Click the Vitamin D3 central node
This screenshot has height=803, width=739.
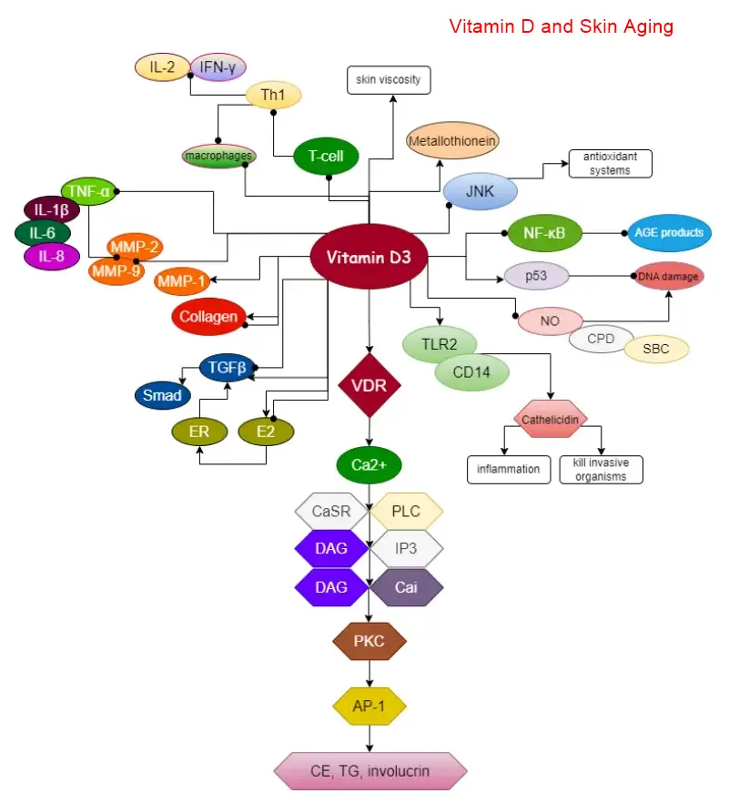tap(369, 258)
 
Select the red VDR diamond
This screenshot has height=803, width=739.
tap(369, 385)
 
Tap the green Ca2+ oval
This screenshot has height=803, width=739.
tap(369, 464)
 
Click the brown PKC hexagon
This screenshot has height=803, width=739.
tap(369, 642)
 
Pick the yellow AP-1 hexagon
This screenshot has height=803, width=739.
tap(369, 706)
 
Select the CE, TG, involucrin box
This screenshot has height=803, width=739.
tap(370, 772)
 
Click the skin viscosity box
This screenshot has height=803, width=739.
tap(389, 79)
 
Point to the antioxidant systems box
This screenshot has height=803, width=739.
tap(611, 163)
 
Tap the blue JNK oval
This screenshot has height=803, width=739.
tap(481, 191)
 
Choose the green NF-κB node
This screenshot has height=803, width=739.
tap(544, 233)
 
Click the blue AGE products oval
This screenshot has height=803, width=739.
tap(669, 233)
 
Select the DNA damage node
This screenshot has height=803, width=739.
tap(669, 275)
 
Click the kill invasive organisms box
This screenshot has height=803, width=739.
tap(601, 470)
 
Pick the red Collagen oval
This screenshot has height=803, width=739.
tap(209, 317)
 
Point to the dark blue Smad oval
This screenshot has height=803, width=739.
tap(161, 395)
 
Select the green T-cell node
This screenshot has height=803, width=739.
tap(325, 157)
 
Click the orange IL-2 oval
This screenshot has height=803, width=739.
tap(163, 66)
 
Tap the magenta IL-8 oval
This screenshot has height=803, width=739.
tap(52, 257)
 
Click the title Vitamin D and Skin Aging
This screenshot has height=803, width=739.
tap(562, 26)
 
